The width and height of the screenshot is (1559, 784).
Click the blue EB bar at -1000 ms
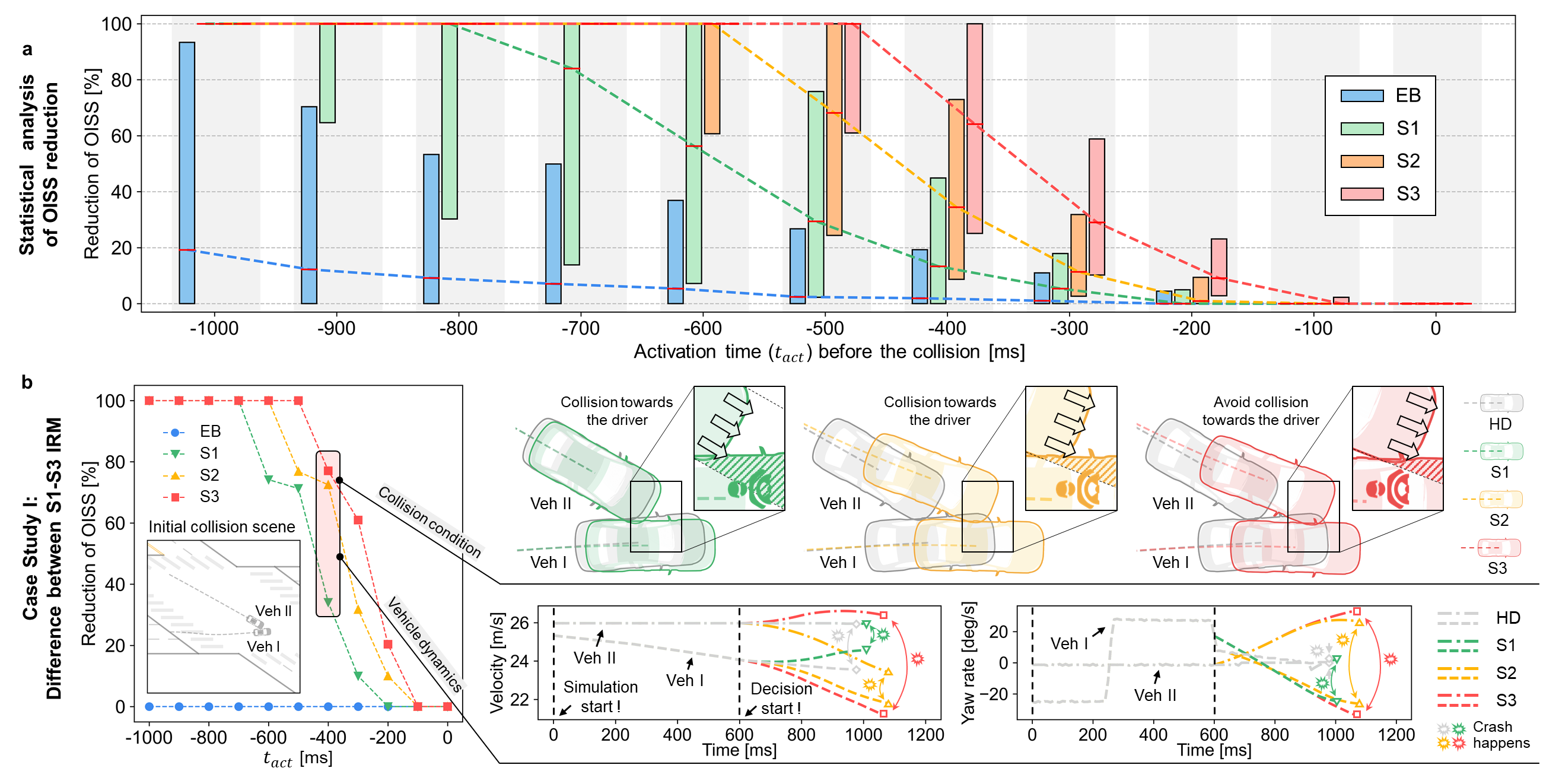[x=187, y=173]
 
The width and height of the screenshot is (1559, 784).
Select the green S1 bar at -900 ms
[x=327, y=72]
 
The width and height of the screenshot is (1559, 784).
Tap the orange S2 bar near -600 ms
[x=712, y=79]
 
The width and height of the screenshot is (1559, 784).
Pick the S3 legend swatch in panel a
[x=1361, y=193]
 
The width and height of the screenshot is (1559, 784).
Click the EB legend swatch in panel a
[x=1361, y=96]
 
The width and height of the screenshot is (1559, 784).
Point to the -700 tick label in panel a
[x=580, y=329]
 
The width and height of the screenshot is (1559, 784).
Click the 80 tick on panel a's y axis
[x=121, y=80]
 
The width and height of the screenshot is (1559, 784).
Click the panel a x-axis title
[x=829, y=353]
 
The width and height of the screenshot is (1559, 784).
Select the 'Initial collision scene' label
[x=221, y=526]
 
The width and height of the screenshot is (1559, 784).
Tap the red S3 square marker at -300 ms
[x=358, y=520]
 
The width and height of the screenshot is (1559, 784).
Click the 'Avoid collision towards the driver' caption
[x=1261, y=411]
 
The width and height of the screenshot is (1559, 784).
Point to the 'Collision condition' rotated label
[x=429, y=522]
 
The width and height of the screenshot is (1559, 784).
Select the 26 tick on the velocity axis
[x=519, y=623]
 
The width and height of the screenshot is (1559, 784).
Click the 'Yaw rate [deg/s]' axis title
[x=969, y=663]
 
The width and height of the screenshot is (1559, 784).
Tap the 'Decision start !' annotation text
[x=781, y=698]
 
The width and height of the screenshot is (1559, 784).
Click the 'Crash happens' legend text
[x=1501, y=734]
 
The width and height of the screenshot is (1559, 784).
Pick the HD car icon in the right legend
[x=1501, y=403]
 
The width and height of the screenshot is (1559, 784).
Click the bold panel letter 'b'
[x=27, y=383]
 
